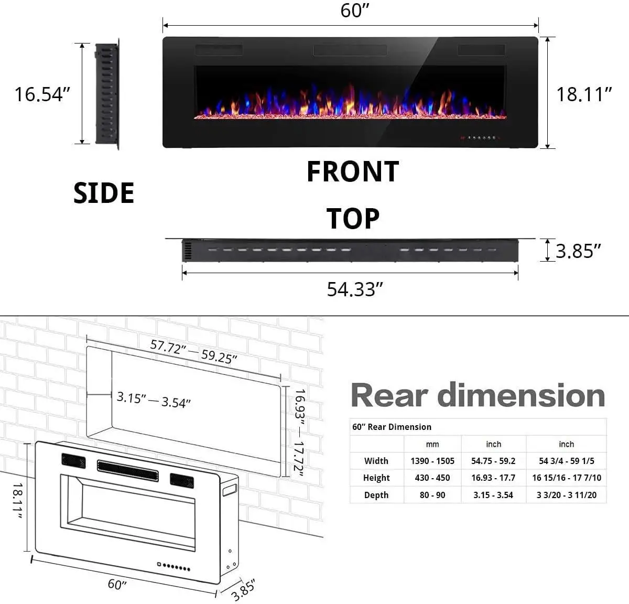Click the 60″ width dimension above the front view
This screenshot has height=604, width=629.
click(x=355, y=10)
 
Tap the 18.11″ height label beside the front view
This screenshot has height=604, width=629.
click(x=584, y=94)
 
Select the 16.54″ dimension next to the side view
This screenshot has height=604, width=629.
click(x=42, y=94)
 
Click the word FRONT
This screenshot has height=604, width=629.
click(x=353, y=172)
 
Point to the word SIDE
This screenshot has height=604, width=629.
click(x=104, y=193)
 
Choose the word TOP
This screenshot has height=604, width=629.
click(x=353, y=219)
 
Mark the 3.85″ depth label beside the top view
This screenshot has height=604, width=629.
click(x=578, y=251)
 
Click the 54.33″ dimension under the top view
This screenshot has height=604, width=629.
click(x=355, y=289)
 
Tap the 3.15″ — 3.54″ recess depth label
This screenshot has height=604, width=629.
click(x=154, y=400)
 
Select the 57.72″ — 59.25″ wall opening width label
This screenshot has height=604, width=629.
click(x=193, y=351)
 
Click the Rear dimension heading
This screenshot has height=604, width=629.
click(x=478, y=395)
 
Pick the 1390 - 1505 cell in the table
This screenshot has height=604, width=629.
click(x=432, y=461)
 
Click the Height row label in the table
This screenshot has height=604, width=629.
click(x=376, y=478)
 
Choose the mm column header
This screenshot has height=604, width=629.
click(x=432, y=444)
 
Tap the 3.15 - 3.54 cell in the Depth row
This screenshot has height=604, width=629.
click(x=493, y=495)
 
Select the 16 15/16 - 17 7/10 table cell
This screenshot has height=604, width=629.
click(x=567, y=478)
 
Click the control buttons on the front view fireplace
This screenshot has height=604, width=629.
click(x=480, y=138)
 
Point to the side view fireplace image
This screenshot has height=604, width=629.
click(x=107, y=93)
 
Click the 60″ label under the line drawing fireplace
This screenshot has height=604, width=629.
click(x=117, y=584)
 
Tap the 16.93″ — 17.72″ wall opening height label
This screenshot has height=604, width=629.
click(x=299, y=433)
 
